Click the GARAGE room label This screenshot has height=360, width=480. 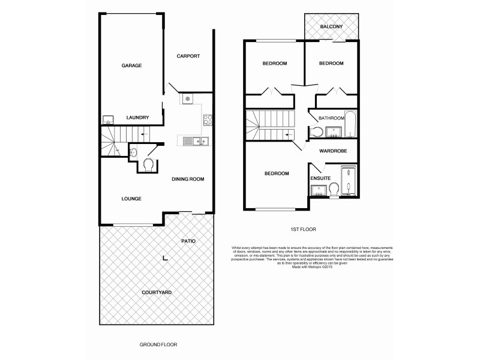(x=131, y=65)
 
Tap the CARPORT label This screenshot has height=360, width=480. (x=188, y=56)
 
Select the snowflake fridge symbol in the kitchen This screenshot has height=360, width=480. (x=187, y=98)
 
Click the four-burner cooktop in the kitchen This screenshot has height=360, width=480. (x=207, y=119)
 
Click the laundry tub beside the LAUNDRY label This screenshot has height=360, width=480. (x=109, y=118)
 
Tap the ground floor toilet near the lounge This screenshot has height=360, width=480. (x=148, y=164)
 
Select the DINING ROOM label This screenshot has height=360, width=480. (x=188, y=179)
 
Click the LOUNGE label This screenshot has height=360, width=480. (x=131, y=198)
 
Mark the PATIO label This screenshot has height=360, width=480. (x=188, y=241)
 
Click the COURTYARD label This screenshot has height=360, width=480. (x=157, y=292)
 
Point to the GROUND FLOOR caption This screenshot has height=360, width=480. (x=158, y=345)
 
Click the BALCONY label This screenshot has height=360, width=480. (x=331, y=27)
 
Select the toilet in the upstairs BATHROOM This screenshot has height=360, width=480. (x=319, y=131)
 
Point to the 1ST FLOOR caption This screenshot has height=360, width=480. (x=303, y=229)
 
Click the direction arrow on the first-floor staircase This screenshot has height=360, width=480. (x=289, y=134)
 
